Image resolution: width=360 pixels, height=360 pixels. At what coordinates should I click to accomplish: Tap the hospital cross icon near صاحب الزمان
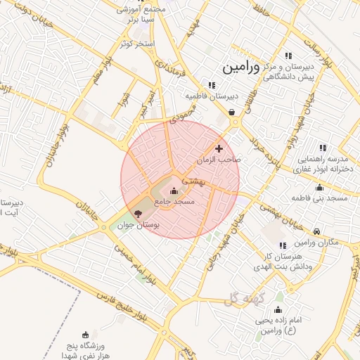[219, 148]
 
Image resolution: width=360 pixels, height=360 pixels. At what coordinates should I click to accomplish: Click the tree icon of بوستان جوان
[138, 213]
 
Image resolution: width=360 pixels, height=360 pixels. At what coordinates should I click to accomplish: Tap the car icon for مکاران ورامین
[318, 231]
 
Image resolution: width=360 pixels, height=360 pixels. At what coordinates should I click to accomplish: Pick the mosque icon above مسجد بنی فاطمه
[320, 187]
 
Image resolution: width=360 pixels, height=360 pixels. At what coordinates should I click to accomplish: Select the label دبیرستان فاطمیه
[212, 96]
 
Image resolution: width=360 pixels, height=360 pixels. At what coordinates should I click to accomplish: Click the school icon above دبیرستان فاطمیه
[212, 85]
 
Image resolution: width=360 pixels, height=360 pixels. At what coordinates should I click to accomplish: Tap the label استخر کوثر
[136, 44]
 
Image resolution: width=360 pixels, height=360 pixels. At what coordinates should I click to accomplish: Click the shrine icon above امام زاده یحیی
[278, 310]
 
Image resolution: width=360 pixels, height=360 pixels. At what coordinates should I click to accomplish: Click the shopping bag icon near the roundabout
[232, 111]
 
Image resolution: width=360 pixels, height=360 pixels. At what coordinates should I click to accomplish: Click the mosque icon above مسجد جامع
[174, 191]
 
